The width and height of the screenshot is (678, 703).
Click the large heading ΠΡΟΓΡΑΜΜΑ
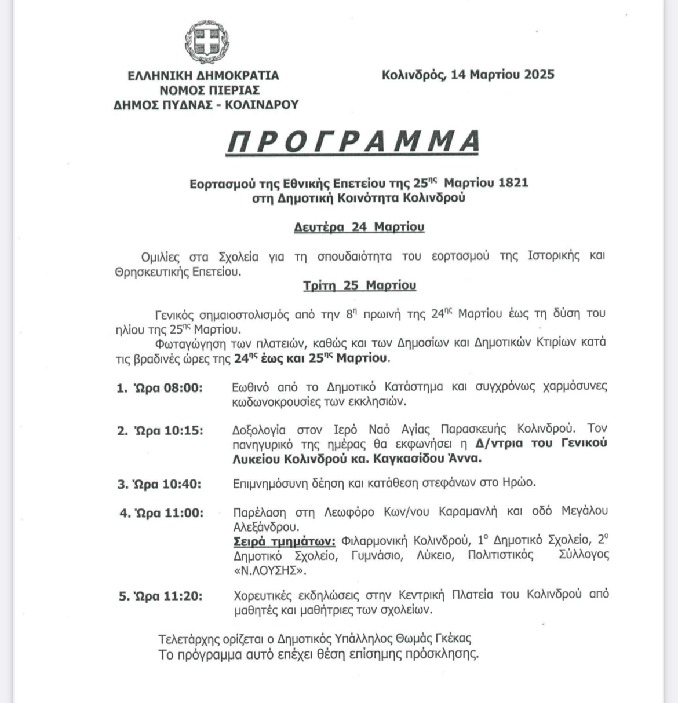click(353, 141)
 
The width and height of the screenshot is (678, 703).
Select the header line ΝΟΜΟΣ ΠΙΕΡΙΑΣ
click(210, 90)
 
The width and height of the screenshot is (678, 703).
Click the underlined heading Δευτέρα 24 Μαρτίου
click(359, 227)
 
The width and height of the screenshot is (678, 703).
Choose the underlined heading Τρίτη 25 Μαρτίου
click(359, 285)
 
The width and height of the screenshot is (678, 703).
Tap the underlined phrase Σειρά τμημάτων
click(284, 541)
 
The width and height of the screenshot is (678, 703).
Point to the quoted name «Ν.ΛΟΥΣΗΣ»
click(269, 570)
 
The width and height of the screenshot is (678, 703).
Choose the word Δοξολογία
click(259, 430)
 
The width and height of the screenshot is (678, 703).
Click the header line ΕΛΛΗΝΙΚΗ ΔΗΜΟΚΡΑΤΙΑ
click(203, 76)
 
